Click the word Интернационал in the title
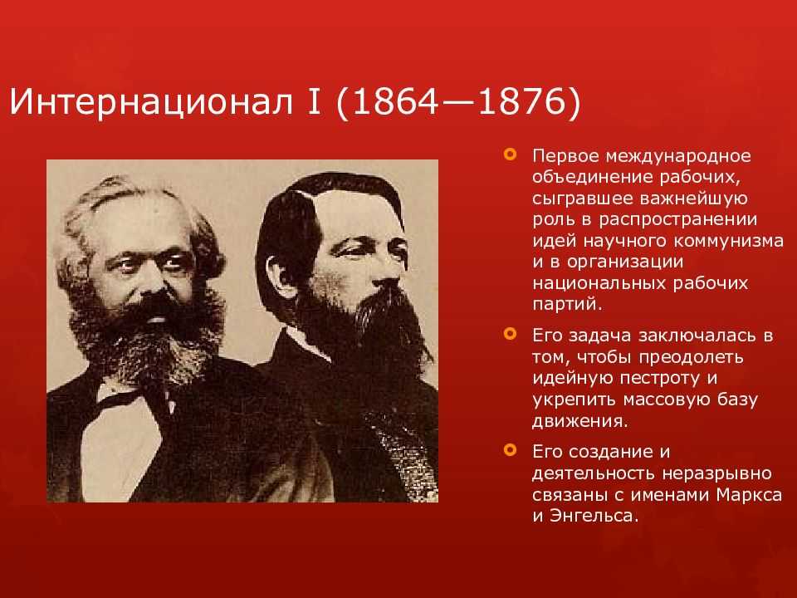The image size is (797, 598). point(151,101)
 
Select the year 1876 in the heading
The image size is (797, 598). point(521,101)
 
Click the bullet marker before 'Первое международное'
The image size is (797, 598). point(510,154)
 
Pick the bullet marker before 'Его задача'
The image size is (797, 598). point(510,334)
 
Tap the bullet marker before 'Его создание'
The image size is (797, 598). point(510,450)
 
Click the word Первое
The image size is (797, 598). point(565,155)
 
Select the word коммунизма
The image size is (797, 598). point(729,241)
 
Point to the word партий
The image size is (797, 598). point(567,305)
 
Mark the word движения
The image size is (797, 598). point(580,422)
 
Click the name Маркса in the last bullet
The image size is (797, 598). point(749,494)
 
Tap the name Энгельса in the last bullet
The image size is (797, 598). point(593,516)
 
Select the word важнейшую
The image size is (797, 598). point(694,199)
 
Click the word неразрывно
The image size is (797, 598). point(716,474)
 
